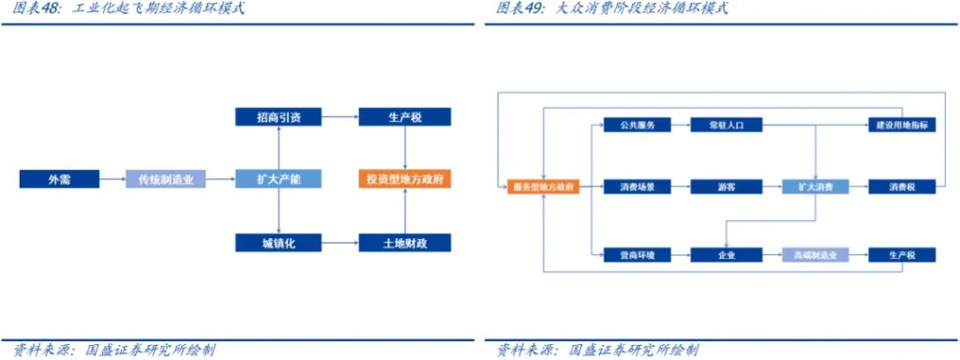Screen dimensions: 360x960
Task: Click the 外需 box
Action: coord(53,179)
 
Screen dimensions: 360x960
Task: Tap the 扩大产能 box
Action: coord(279,179)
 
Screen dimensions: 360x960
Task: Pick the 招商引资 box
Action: coord(279,117)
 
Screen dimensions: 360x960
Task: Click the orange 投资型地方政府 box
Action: coord(404,179)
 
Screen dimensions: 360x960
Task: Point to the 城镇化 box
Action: coord(279,243)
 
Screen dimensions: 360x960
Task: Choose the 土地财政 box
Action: coord(404,243)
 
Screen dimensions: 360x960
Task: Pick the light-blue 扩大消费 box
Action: coord(815,187)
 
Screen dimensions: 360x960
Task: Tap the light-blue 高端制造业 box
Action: coord(815,254)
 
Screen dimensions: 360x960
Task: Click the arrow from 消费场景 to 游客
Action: coord(675,187)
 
